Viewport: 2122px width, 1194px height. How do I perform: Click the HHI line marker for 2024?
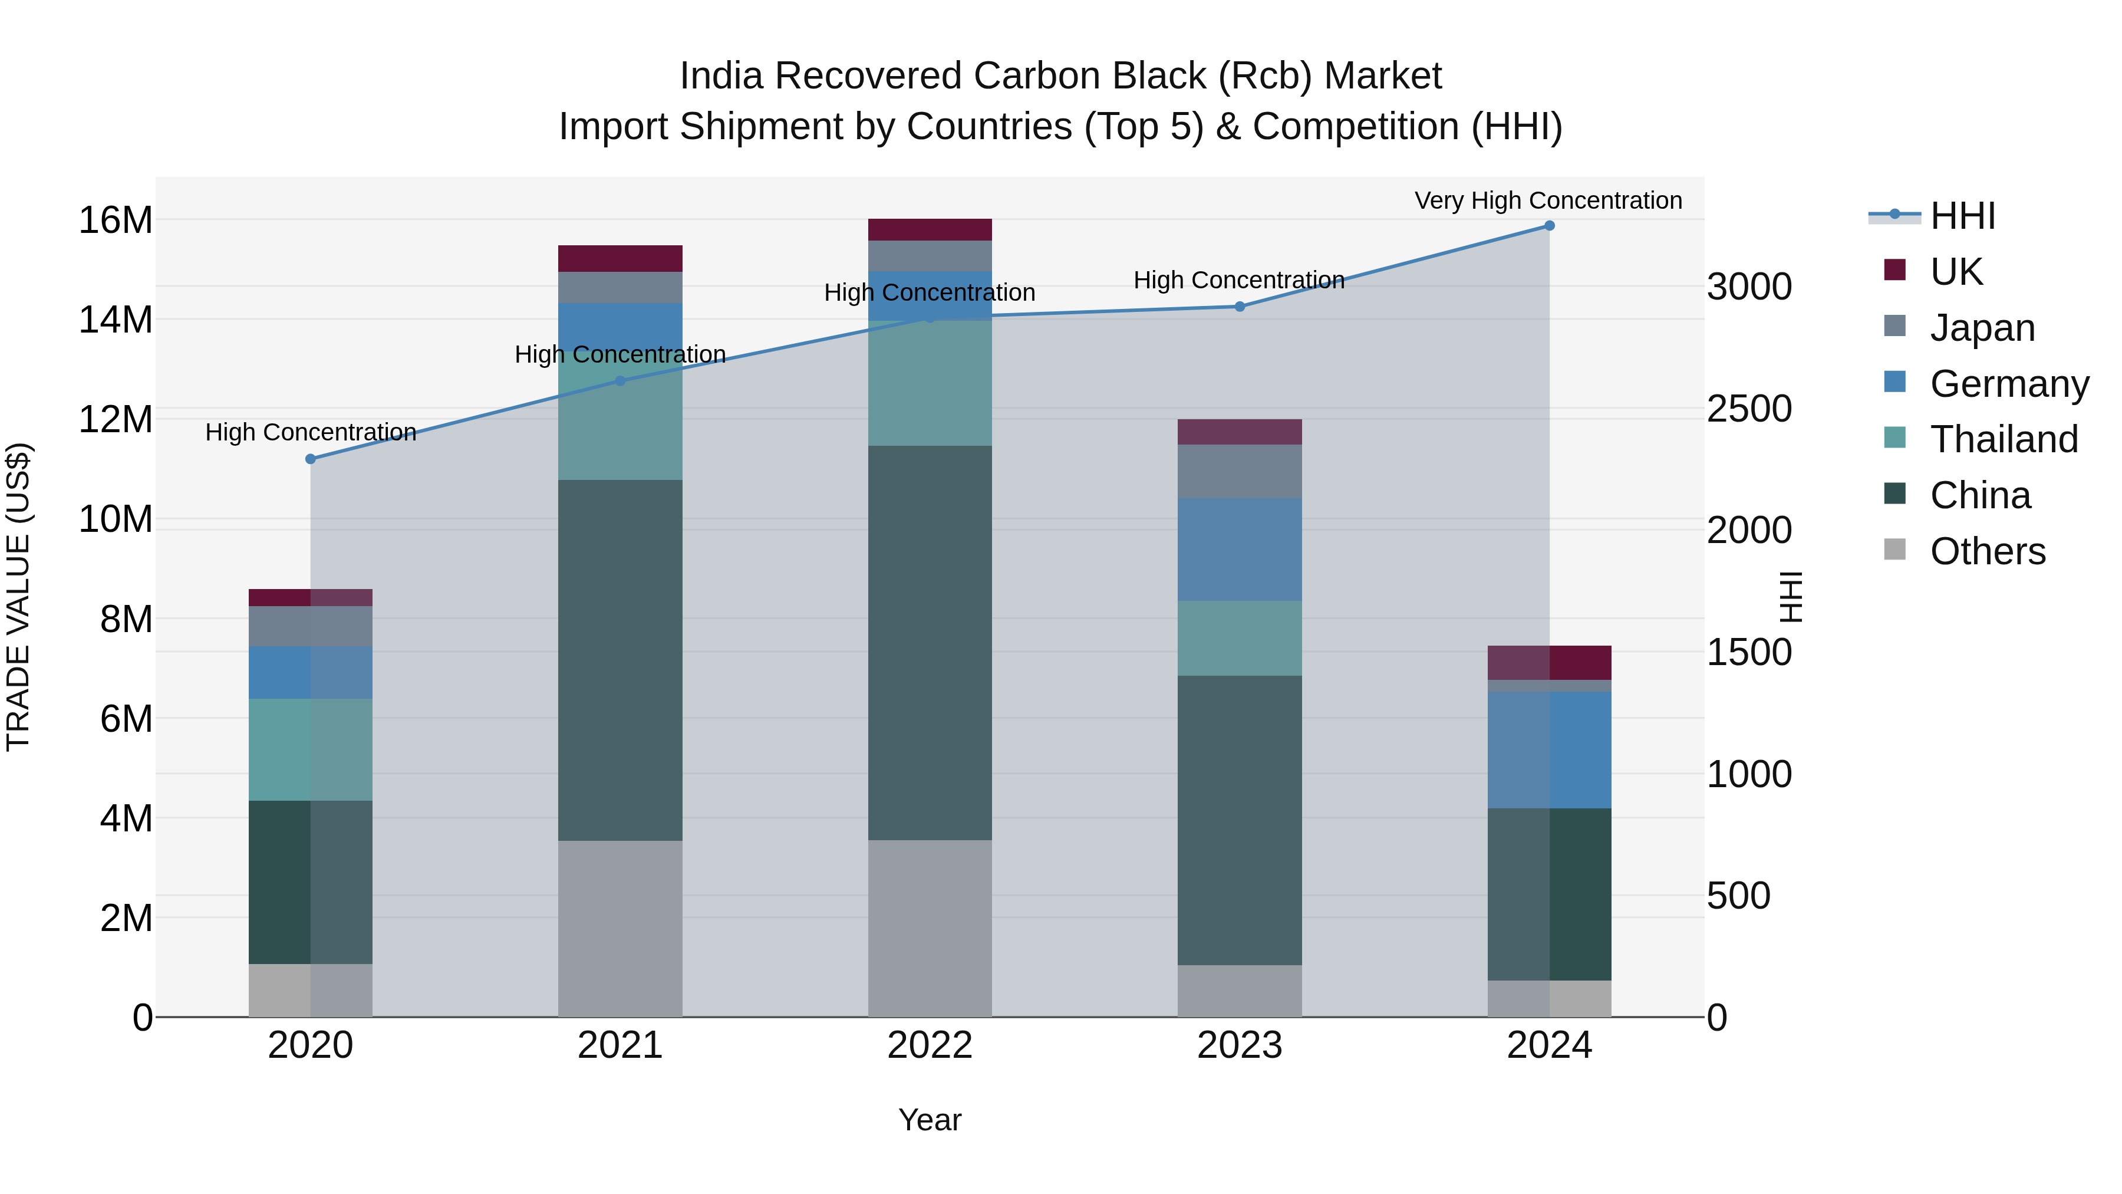pyautogui.click(x=1548, y=226)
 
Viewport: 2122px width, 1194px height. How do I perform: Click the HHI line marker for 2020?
pyautogui.click(x=311, y=459)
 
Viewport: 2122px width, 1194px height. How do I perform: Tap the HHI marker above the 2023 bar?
pyautogui.click(x=1240, y=307)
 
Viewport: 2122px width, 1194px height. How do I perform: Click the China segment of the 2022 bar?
pyautogui.click(x=930, y=643)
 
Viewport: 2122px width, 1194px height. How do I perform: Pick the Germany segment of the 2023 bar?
pyautogui.click(x=1240, y=549)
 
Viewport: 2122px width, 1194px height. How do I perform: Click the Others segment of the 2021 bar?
pyautogui.click(x=620, y=928)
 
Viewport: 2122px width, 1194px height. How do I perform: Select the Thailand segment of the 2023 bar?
pyautogui.click(x=1240, y=638)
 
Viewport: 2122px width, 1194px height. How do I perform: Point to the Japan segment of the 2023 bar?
pyautogui.click(x=1240, y=471)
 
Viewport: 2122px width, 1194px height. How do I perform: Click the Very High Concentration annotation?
pyautogui.click(x=1548, y=201)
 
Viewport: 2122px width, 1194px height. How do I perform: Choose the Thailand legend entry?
pyautogui.click(x=2004, y=439)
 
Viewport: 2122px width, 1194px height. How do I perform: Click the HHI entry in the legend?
pyautogui.click(x=1962, y=216)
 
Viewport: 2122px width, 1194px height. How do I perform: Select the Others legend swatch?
pyautogui.click(x=1894, y=550)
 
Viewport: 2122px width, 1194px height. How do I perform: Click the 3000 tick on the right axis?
pyautogui.click(x=1749, y=287)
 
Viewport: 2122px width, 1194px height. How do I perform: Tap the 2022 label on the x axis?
pyautogui.click(x=930, y=1045)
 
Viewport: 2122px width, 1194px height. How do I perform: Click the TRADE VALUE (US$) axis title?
pyautogui.click(x=18, y=597)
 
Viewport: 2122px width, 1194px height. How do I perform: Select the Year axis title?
pyautogui.click(x=930, y=1120)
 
